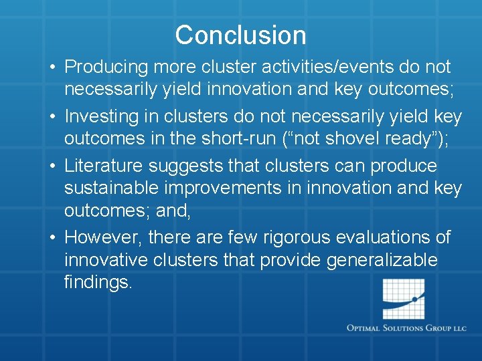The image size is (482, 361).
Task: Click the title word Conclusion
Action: click(x=240, y=35)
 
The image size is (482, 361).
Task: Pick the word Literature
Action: click(x=102, y=166)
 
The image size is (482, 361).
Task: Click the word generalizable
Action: click(x=382, y=260)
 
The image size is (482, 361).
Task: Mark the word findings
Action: click(x=98, y=281)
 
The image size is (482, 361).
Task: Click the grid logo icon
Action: click(x=402, y=299)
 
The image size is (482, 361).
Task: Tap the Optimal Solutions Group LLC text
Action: click(x=406, y=328)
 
